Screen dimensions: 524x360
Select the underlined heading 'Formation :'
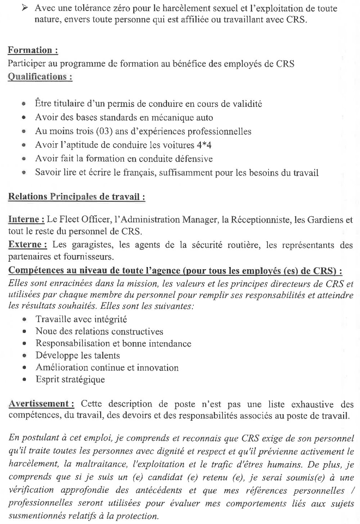[x=33, y=50]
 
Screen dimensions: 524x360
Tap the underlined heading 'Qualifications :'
[x=40, y=77]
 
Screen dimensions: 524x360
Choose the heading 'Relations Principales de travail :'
[x=77, y=197]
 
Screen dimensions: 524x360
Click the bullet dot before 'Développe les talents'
[x=24, y=356]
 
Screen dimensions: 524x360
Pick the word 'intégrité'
[x=111, y=319]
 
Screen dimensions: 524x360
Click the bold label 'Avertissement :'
[x=41, y=404]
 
